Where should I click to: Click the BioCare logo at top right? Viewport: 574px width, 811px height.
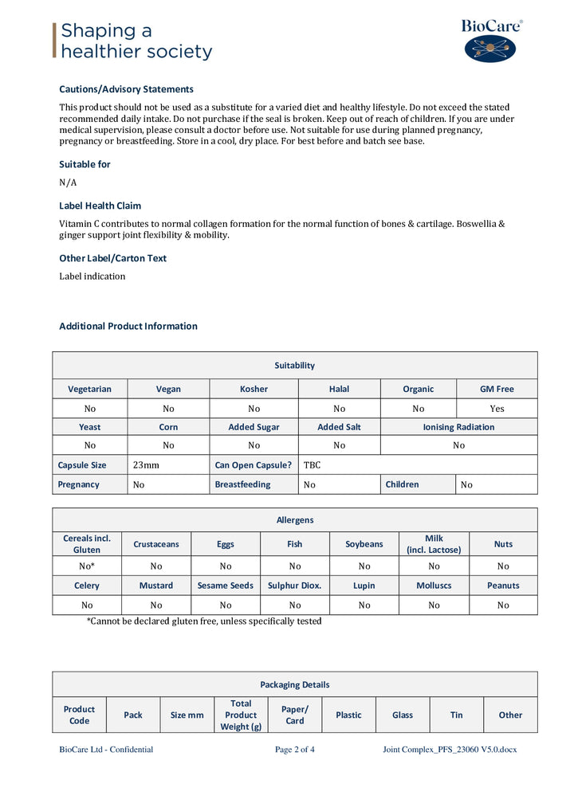point(491,41)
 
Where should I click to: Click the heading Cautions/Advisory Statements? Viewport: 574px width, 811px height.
point(126,89)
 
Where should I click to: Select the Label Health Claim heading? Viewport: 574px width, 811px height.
point(100,206)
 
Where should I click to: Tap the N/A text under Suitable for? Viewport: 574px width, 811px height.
point(68,182)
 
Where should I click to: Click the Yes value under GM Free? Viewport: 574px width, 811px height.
point(497,409)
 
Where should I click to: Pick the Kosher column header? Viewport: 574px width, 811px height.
point(254,389)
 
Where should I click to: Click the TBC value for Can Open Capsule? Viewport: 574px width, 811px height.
point(312,464)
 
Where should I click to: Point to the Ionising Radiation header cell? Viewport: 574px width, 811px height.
point(458,427)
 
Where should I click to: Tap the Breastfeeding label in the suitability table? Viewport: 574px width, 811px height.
point(242,484)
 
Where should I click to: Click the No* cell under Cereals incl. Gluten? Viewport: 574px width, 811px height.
point(87,566)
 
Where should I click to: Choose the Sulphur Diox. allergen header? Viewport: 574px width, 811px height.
point(295,586)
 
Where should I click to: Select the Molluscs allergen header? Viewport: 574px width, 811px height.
point(434,586)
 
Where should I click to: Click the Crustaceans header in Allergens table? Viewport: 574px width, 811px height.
point(156,544)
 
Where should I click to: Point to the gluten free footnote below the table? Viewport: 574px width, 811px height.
point(204,621)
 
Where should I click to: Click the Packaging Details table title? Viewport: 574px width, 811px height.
point(294,684)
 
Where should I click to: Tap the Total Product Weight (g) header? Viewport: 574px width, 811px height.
point(241,715)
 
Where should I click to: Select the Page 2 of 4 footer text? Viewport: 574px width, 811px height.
point(294,750)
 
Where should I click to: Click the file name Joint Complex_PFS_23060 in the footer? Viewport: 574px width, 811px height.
point(449,750)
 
